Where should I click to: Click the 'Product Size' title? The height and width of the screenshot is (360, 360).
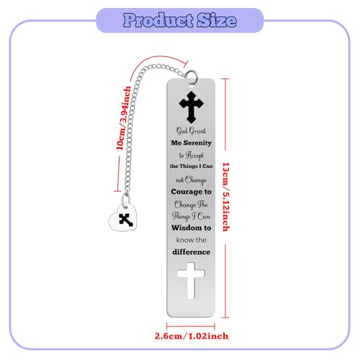(180, 20)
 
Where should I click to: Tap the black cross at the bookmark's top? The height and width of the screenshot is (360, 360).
(192, 107)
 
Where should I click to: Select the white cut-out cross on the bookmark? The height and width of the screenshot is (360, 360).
(192, 281)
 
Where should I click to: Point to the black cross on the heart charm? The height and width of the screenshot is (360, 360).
(126, 220)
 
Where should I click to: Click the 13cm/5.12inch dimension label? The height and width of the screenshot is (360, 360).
(226, 197)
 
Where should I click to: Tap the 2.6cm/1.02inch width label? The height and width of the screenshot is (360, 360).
(192, 336)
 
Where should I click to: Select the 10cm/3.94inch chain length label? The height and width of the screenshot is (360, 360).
(124, 118)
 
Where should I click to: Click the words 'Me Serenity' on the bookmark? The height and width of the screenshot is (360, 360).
(192, 143)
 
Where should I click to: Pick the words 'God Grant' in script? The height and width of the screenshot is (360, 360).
(192, 131)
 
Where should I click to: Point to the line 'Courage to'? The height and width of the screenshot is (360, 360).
(192, 192)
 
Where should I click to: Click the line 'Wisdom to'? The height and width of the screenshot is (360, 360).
(192, 228)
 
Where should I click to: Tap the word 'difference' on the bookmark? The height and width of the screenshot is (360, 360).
(192, 252)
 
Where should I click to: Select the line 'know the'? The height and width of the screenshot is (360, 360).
(192, 240)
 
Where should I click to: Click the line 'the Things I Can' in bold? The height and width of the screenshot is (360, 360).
(192, 166)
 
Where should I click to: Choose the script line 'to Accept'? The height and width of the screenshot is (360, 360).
(192, 156)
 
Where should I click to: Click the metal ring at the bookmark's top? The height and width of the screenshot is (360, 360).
(192, 76)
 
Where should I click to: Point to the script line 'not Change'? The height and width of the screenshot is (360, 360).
(192, 180)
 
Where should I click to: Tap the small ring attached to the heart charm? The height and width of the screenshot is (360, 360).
(126, 199)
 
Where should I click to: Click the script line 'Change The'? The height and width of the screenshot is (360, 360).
(192, 204)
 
